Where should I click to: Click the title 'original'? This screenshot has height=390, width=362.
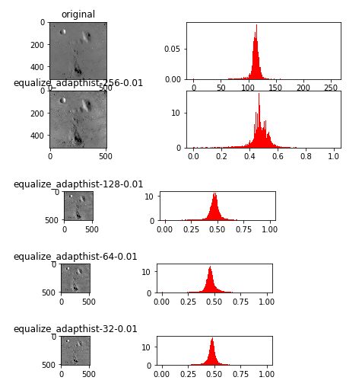(x=78, y=14)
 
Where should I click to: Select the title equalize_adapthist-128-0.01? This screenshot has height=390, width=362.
(x=78, y=184)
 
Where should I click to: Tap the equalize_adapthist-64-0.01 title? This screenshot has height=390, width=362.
(x=75, y=257)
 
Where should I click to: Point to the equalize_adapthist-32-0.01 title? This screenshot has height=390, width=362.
(x=75, y=329)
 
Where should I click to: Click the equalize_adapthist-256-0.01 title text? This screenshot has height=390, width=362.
(x=78, y=83)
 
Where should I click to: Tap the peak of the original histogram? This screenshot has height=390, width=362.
(x=256, y=26)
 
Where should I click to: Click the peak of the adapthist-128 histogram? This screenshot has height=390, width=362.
(x=216, y=194)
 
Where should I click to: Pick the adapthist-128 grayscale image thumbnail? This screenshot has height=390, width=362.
(x=78, y=206)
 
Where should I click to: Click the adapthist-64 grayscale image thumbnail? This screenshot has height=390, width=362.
(x=75, y=278)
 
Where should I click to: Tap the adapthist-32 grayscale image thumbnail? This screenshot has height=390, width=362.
(x=75, y=350)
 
